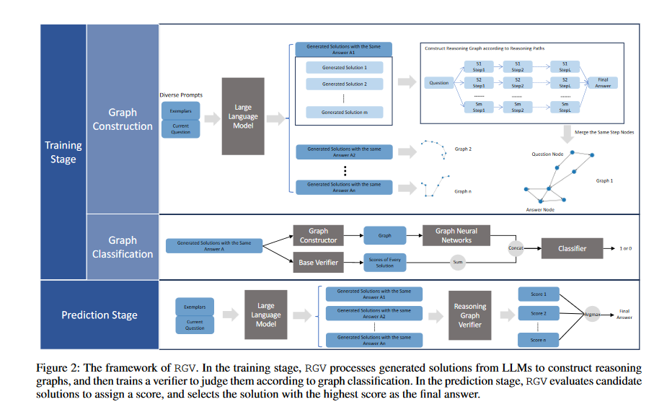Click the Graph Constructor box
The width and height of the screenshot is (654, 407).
318,235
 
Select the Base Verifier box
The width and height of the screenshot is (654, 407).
318,262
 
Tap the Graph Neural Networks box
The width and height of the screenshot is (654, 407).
456,235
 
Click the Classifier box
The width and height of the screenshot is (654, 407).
572,249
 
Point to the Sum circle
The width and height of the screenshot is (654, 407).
456,262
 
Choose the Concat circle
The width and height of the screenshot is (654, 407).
516,249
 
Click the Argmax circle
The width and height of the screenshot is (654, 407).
593,315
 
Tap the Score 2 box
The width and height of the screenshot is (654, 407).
539,314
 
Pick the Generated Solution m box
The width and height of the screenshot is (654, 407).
344,113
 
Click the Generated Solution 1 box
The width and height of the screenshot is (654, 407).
344,67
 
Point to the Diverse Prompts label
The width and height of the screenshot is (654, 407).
181,95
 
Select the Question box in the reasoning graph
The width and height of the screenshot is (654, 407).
438,82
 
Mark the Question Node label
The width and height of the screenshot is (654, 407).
547,154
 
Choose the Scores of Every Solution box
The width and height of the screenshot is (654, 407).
385,262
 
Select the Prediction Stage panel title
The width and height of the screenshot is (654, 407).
100,315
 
